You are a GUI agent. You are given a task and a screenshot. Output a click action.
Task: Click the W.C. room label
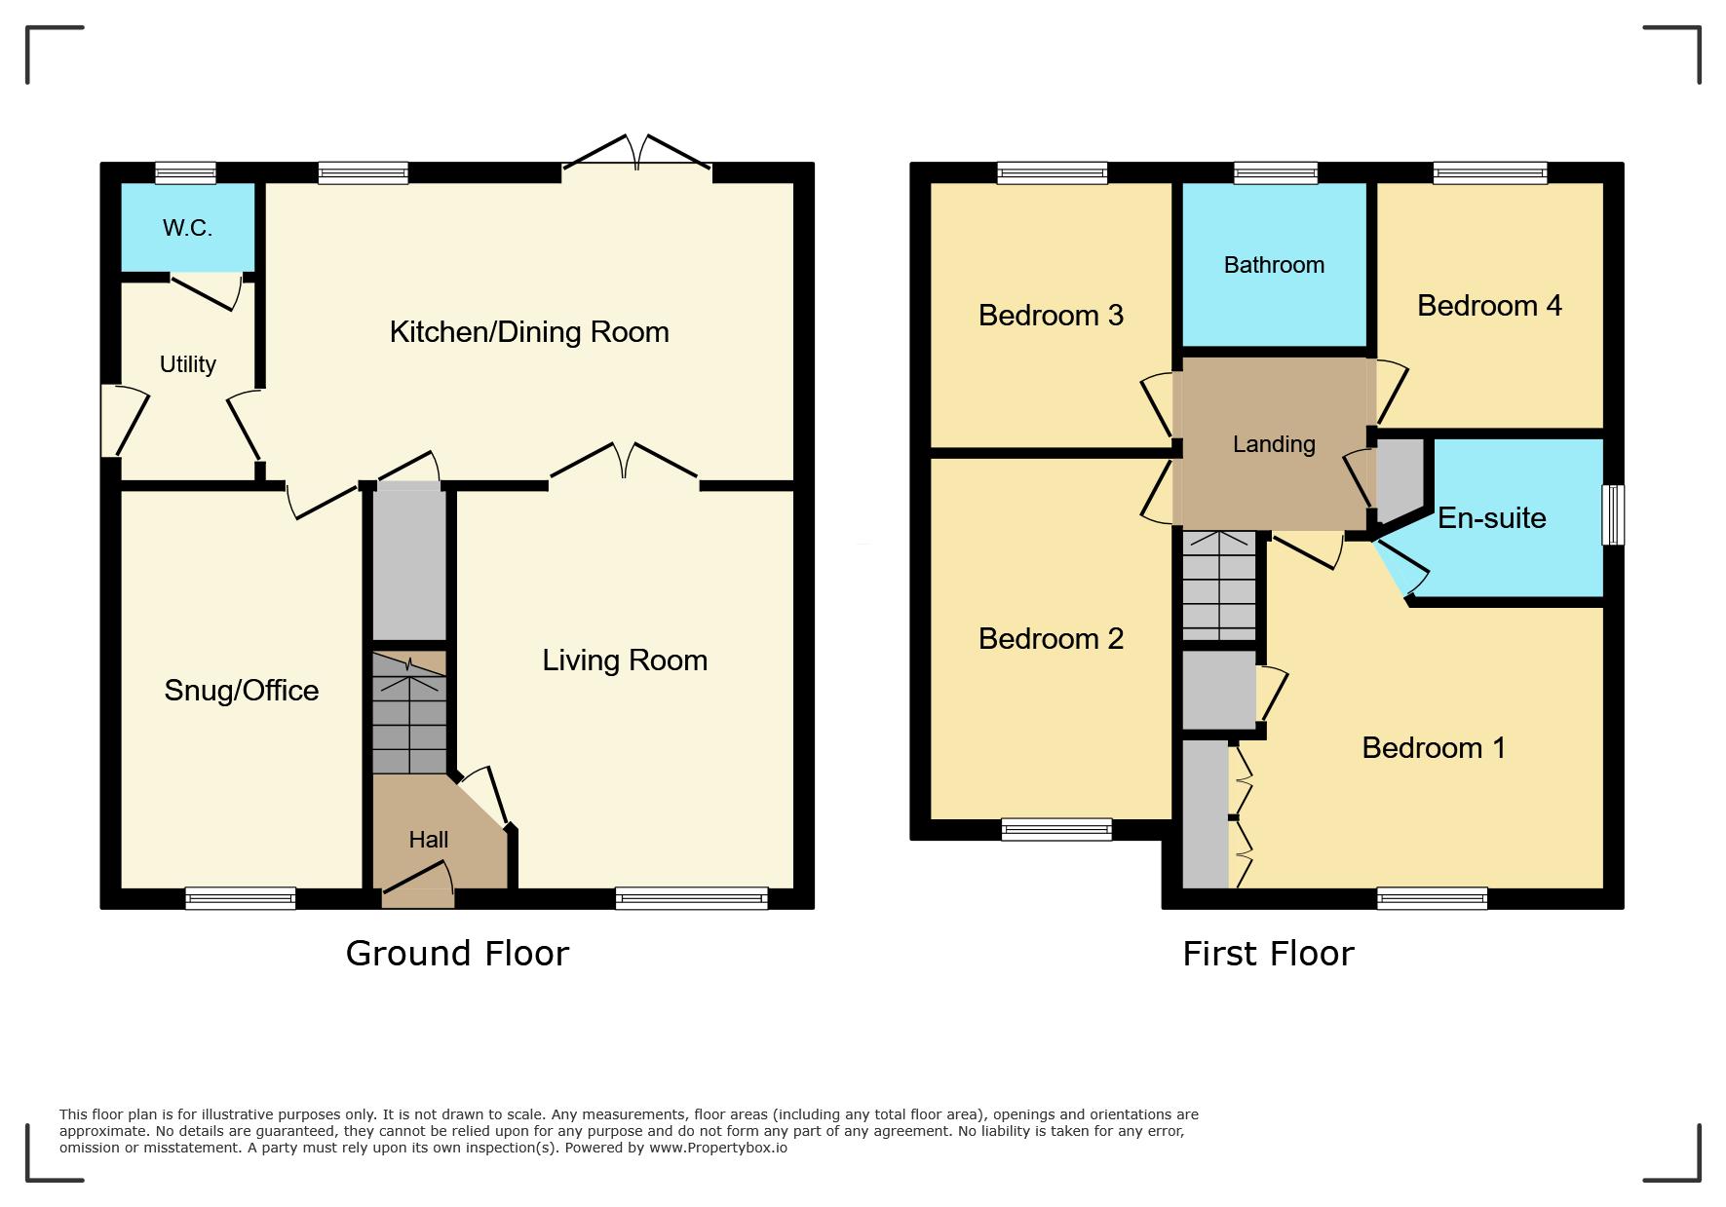coord(187,228)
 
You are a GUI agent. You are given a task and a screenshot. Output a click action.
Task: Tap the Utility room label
coord(188,364)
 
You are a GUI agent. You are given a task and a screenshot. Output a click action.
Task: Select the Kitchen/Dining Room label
coord(529,332)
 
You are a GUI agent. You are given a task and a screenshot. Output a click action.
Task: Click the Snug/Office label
coord(242,691)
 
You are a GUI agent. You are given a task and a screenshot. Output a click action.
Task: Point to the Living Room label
coord(625,660)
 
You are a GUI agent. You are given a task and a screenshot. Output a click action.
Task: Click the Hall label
coord(429,840)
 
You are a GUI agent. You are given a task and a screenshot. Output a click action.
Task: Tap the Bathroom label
coord(1274,265)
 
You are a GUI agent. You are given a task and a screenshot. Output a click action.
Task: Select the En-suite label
coord(1492,518)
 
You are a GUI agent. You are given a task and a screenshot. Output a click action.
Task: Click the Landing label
coord(1274,445)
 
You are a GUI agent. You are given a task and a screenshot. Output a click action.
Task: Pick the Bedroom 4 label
coord(1489,306)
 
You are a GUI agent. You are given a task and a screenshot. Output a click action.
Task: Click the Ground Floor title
coord(457,953)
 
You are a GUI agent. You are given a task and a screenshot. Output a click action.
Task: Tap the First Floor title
coord(1268,953)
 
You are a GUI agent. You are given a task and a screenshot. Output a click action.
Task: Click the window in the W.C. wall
coord(185,173)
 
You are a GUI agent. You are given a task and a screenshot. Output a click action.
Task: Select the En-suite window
coord(1613,514)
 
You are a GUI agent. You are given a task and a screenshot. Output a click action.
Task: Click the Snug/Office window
coord(240,898)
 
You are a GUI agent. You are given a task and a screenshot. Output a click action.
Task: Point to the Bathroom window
coord(1276,173)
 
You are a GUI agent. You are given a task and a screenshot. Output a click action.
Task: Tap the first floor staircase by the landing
coord(1218,585)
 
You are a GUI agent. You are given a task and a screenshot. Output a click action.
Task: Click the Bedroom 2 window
coord(1056,830)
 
